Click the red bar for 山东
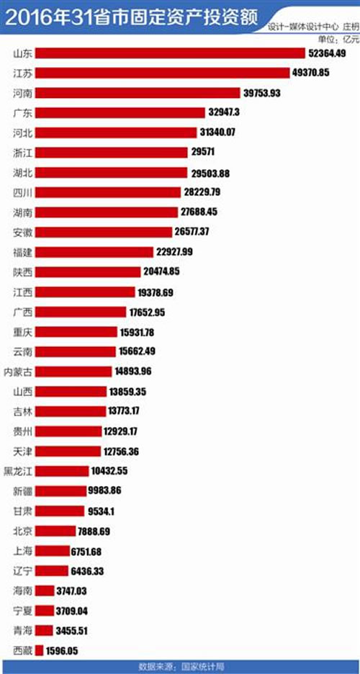click(x=170, y=53)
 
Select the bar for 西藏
click(x=40, y=650)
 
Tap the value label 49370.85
click(x=310, y=73)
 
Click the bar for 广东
click(x=120, y=112)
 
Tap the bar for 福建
click(x=94, y=252)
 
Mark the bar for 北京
click(x=55, y=531)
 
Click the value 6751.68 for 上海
click(x=86, y=552)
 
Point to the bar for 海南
click(x=45, y=590)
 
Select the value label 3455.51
click(x=71, y=631)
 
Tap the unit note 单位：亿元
click(x=337, y=40)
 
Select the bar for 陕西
click(x=88, y=271)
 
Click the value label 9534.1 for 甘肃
click(x=99, y=511)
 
